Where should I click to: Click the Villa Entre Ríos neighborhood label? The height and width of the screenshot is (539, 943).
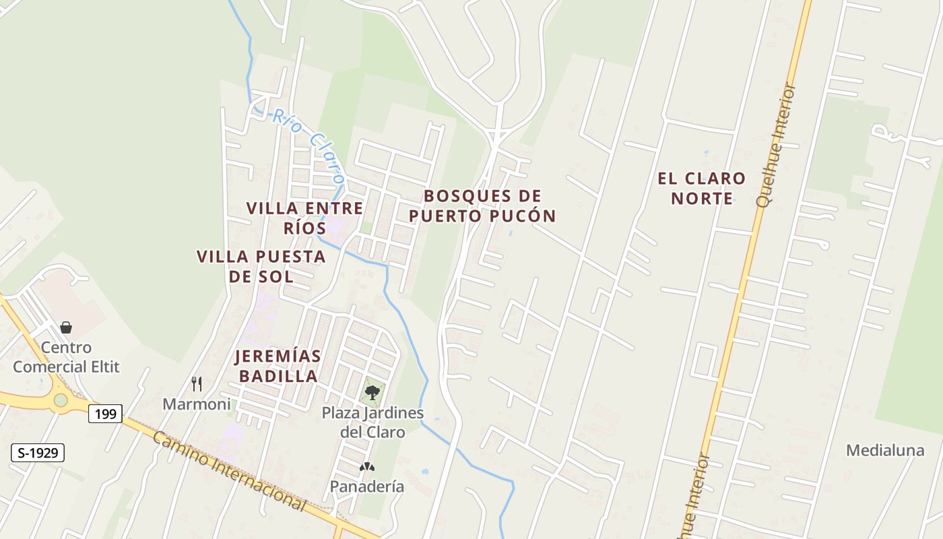(x=305, y=218)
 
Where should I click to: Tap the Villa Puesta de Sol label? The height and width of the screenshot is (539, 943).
(x=261, y=266)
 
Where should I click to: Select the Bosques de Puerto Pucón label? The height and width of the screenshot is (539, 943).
(x=482, y=206)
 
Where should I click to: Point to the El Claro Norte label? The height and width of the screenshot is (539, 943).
(x=702, y=189)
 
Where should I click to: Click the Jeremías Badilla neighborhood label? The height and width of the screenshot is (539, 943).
(x=277, y=366)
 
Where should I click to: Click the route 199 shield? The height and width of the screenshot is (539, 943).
(x=105, y=414)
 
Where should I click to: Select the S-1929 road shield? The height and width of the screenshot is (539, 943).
(x=38, y=453)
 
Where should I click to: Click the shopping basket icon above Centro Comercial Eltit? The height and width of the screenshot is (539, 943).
(x=66, y=327)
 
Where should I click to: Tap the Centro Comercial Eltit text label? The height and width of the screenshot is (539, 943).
(x=66, y=357)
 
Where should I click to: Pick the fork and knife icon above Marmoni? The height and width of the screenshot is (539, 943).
(x=197, y=384)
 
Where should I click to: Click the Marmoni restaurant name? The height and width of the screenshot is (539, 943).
(x=197, y=404)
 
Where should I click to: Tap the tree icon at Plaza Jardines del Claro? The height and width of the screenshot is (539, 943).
(x=372, y=391)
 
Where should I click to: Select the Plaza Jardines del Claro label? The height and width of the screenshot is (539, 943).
(x=372, y=422)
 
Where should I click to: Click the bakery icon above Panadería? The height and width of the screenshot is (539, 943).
(x=367, y=466)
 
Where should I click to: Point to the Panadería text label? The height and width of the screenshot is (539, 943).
(x=367, y=486)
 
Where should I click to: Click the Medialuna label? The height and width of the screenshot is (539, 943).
(x=885, y=451)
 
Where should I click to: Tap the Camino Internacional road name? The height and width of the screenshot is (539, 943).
(x=229, y=470)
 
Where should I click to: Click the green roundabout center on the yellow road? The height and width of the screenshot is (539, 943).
(x=61, y=400)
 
